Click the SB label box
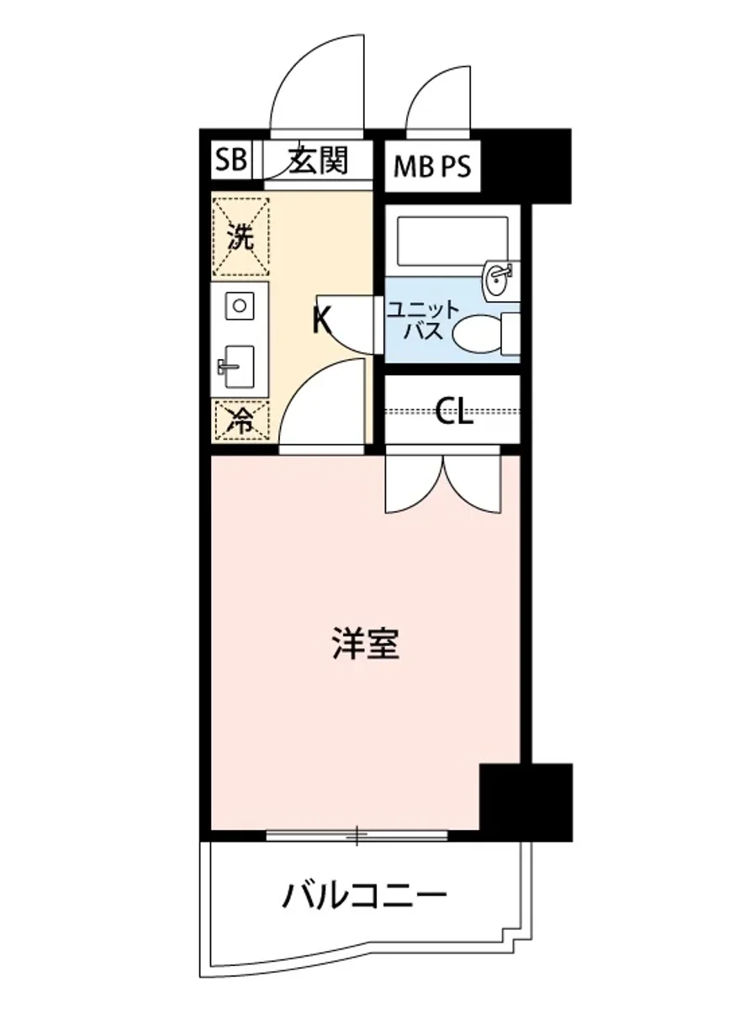[x=230, y=160]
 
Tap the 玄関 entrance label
[x=319, y=159]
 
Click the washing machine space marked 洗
[x=240, y=237]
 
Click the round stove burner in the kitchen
[x=240, y=305]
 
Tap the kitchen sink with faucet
[x=238, y=366]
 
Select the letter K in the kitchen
[x=321, y=320]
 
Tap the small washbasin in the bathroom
[x=499, y=277]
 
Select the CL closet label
[x=454, y=411]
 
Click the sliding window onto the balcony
[x=357, y=835]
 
